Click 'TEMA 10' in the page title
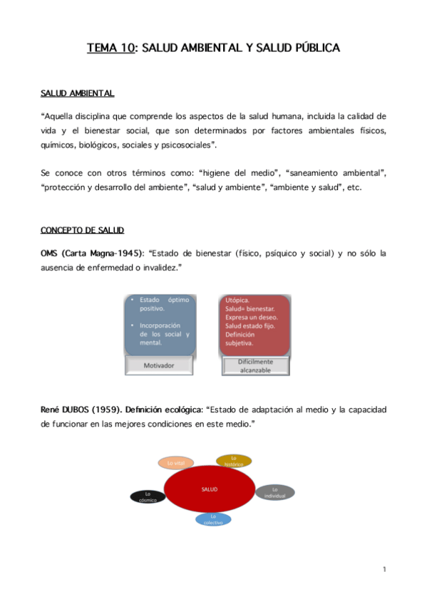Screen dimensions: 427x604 click(111, 48)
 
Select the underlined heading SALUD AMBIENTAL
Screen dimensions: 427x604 click(77, 93)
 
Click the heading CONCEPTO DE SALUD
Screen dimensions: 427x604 click(82, 230)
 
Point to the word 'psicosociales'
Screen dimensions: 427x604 click(184, 145)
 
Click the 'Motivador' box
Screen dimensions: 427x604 click(158, 365)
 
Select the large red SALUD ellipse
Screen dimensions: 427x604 click(210, 489)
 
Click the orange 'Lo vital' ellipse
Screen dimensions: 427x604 click(175, 463)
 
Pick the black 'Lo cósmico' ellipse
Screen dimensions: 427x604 click(148, 496)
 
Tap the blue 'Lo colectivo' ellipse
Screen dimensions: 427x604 click(213, 519)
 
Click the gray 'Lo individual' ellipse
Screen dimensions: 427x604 click(274, 492)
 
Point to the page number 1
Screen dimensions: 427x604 click(384, 569)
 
